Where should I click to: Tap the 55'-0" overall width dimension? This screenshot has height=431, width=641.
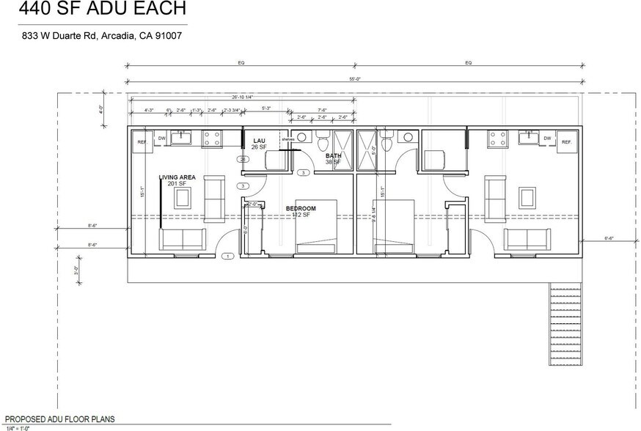[x=354, y=77]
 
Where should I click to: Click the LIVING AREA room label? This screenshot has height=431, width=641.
[x=177, y=177]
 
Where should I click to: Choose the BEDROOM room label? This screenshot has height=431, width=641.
[x=300, y=209]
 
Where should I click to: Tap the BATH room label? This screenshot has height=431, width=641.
[x=334, y=156]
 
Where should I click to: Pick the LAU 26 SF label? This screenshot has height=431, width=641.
[x=259, y=144]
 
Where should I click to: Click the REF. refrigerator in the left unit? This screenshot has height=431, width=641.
[x=142, y=141]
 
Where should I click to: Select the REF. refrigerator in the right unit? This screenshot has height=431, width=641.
[x=565, y=141]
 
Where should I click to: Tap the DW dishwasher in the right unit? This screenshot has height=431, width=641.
[x=547, y=137]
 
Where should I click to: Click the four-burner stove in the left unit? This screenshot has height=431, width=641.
[x=212, y=136]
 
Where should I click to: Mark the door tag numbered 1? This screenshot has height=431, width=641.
[x=228, y=257]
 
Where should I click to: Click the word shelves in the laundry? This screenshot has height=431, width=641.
[x=288, y=139]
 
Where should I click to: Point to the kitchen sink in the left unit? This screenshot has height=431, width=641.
[x=180, y=137]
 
